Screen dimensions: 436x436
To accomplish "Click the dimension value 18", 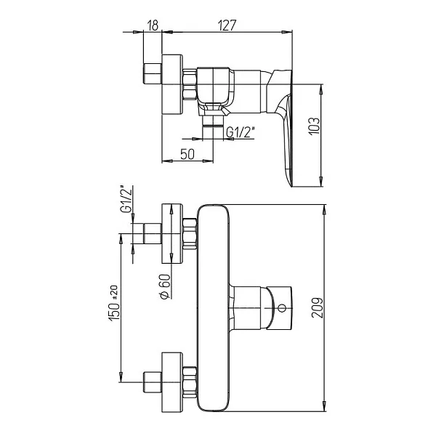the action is click(x=153, y=25).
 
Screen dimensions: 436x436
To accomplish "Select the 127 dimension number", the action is click(x=227, y=25).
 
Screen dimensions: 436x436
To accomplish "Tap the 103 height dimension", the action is click(x=314, y=126).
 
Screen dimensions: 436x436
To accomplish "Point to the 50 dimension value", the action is click(x=187, y=154).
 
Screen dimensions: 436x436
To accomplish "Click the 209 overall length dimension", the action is click(x=317, y=307).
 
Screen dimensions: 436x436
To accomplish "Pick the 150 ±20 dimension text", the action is click(x=114, y=303).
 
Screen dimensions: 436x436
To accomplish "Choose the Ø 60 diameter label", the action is click(x=165, y=286).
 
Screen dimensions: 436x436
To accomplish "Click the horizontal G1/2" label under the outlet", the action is click(x=241, y=132).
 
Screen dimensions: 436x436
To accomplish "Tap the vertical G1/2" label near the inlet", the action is click(x=126, y=199).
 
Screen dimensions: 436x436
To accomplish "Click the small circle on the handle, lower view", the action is click(x=282, y=308).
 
